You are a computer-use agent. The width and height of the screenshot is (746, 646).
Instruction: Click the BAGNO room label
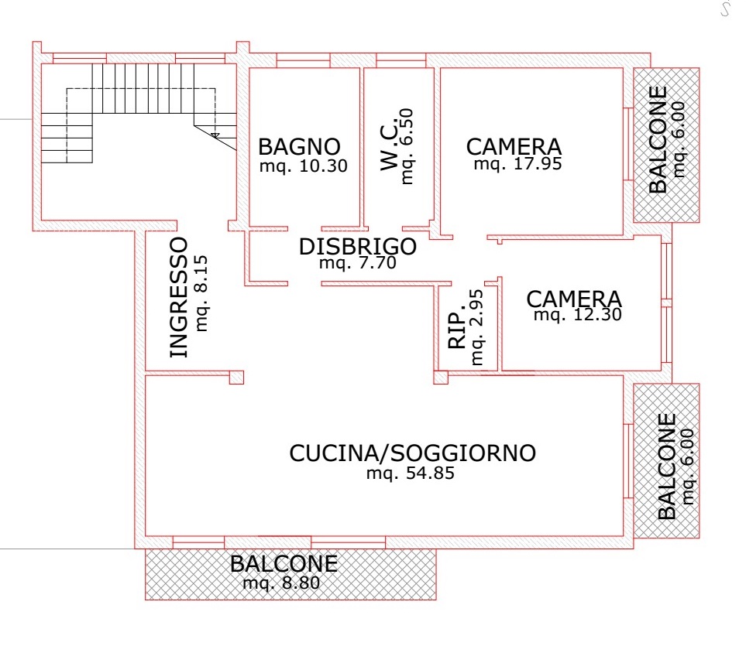[299, 147]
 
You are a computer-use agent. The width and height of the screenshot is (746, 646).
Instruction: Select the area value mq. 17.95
[517, 164]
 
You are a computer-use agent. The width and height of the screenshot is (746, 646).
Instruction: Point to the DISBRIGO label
[358, 247]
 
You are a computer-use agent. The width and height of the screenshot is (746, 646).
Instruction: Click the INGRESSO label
[180, 297]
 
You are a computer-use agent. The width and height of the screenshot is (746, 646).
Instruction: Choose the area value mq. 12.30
[578, 314]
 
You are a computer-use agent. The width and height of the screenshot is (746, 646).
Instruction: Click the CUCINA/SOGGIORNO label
[412, 453]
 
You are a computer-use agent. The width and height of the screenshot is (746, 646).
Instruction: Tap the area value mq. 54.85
[410, 473]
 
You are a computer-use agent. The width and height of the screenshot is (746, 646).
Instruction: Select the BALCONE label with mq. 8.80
[284, 564]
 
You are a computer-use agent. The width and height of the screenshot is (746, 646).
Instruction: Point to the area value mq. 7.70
[358, 263]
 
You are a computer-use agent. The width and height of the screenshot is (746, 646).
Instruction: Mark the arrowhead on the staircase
[215, 135]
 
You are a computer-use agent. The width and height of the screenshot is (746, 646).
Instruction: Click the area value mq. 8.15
[201, 293]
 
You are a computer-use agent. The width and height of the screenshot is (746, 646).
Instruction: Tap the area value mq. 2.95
[476, 327]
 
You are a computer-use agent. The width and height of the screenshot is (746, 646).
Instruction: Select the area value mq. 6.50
[407, 146]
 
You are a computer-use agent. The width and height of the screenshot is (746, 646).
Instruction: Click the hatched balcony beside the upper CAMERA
[666, 145]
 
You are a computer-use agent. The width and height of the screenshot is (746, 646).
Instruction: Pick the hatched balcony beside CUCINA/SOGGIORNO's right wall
[666, 461]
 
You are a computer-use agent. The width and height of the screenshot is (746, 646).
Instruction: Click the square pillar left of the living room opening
[236, 377]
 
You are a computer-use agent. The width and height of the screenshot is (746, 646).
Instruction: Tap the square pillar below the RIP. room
[441, 377]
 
